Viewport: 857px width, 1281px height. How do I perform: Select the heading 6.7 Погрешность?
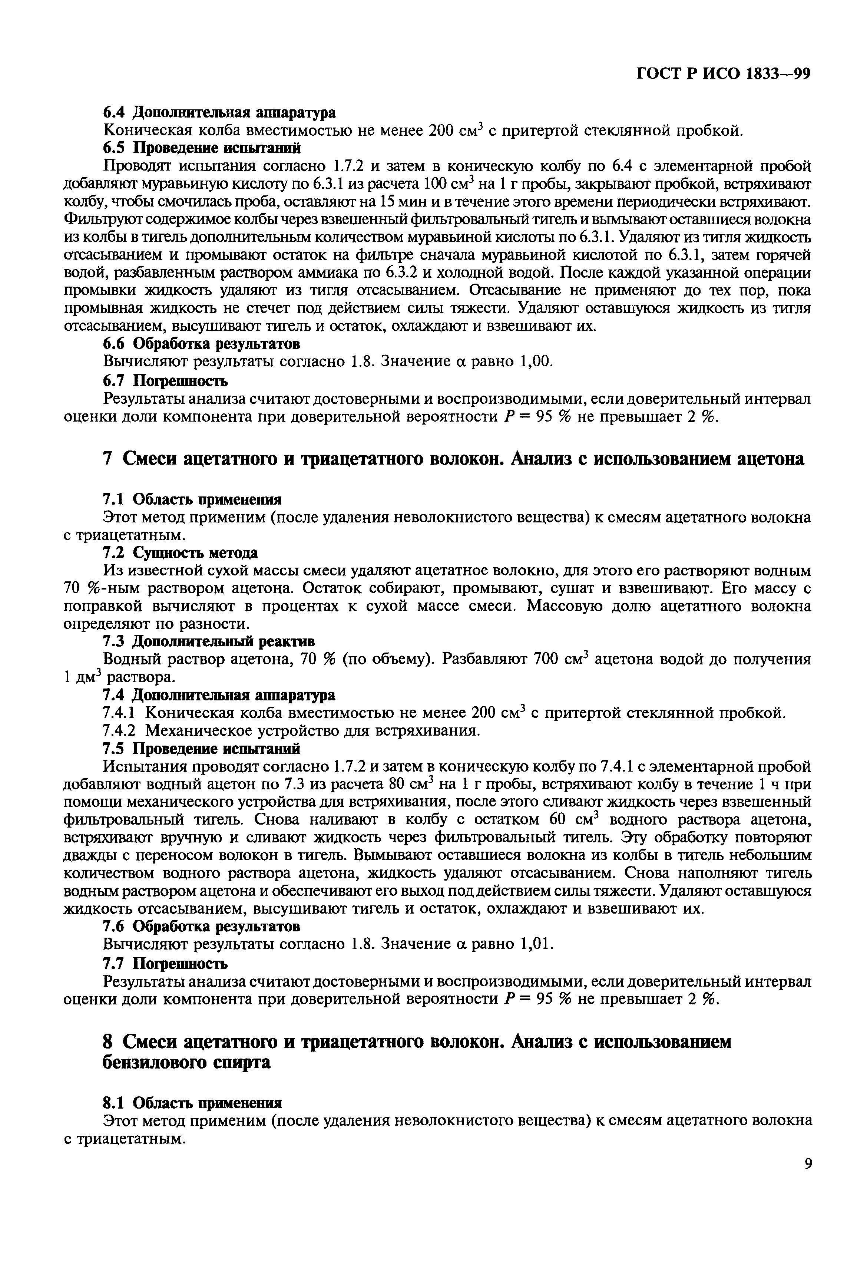165,379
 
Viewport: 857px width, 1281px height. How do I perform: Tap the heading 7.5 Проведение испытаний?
201,748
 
